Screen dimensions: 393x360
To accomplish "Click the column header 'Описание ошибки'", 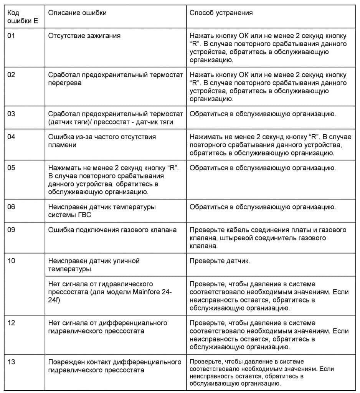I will pos(77,13).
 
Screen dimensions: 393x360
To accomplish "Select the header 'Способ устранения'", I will pos(221,13).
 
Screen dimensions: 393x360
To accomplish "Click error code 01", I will pos(12,36).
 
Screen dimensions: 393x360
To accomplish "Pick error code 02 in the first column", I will pos(12,74).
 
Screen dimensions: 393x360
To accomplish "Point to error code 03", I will pos(12,114).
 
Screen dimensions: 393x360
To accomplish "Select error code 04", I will pos(12,137).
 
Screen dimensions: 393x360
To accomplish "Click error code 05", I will pos(12,168).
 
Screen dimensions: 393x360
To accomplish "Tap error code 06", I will pos(12,207).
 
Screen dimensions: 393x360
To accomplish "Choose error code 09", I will pos(12,230).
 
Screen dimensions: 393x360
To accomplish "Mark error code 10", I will pos(12,261).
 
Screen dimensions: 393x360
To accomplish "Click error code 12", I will pos(12,323).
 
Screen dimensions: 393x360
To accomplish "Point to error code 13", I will pos(12,362).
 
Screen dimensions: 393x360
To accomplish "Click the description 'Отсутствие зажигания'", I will pos(84,36).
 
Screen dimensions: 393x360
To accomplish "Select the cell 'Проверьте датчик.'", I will pos(220,261).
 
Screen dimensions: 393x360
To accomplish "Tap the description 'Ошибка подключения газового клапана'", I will pos(112,230).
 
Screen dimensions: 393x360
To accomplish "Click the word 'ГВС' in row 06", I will pos(85,215).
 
